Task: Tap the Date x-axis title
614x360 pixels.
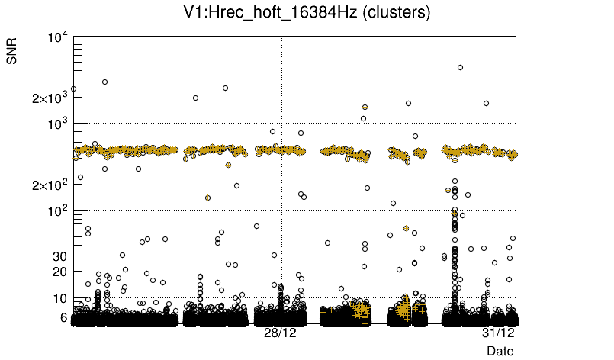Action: (500, 350)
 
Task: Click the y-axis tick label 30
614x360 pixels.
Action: (59, 256)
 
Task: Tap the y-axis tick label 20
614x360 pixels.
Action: (59, 272)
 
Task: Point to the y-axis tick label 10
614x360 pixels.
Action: (59, 298)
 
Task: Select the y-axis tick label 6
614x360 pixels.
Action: (63, 317)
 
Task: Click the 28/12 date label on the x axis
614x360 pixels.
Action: (280, 333)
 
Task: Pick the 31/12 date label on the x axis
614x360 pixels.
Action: (498, 333)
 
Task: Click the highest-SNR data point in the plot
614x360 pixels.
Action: (460, 67)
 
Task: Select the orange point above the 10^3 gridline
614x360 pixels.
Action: (365, 108)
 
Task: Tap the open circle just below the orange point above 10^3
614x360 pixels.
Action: (364, 118)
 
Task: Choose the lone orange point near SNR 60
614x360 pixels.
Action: (406, 228)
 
